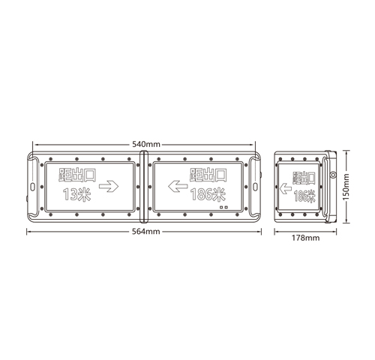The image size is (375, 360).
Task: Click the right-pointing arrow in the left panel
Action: (x=110, y=184)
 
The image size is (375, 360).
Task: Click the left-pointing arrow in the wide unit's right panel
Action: (x=176, y=184)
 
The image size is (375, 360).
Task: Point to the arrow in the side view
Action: (x=286, y=190)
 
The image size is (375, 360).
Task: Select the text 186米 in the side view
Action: (x=304, y=196)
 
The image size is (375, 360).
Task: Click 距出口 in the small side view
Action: (x=304, y=178)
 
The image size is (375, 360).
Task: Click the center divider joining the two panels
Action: (x=145, y=185)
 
